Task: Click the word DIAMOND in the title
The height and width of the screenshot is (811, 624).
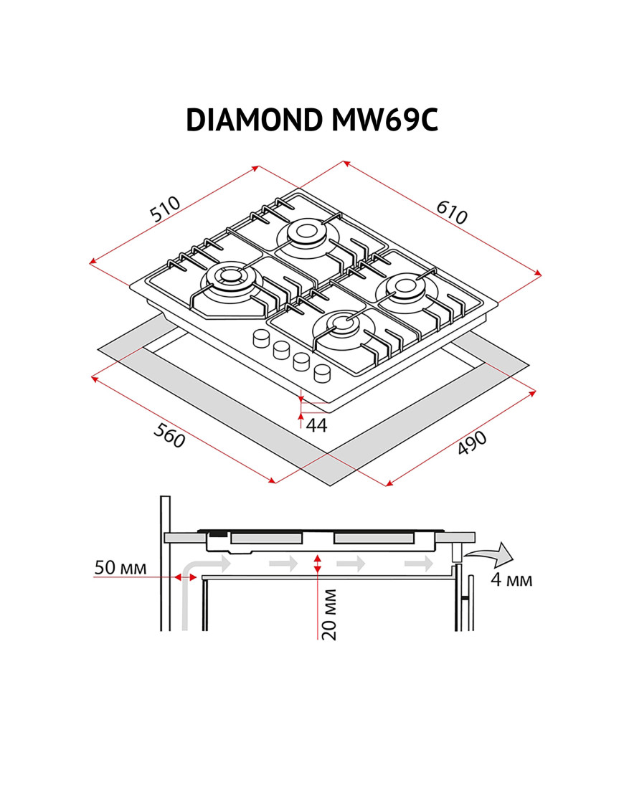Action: pos(254,120)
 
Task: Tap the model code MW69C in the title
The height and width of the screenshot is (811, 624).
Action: pos(384,120)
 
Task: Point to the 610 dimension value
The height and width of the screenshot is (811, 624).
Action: pos(451,212)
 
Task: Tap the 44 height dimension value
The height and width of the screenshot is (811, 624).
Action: pos(316,425)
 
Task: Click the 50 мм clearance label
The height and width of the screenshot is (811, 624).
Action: pos(120,568)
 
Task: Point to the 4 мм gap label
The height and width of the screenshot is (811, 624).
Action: pos(511,579)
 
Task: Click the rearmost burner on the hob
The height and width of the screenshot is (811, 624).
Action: pos(306,232)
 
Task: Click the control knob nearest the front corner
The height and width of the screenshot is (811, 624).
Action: pos(322,373)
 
